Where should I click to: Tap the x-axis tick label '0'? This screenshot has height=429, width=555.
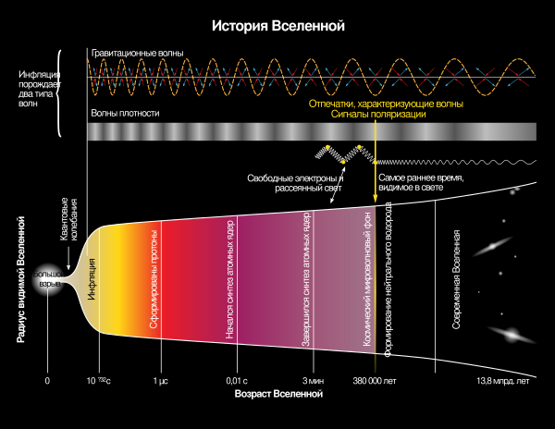tap(47, 381)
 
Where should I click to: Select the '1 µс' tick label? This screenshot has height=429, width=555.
tap(161, 381)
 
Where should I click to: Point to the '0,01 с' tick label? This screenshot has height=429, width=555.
tap(237, 381)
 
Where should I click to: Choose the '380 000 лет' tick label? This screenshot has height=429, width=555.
tap(374, 381)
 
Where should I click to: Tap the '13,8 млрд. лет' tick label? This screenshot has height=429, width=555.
tap(503, 381)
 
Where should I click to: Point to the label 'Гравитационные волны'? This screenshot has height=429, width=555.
tap(137, 53)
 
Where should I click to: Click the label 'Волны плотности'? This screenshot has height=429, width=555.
tap(126, 113)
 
